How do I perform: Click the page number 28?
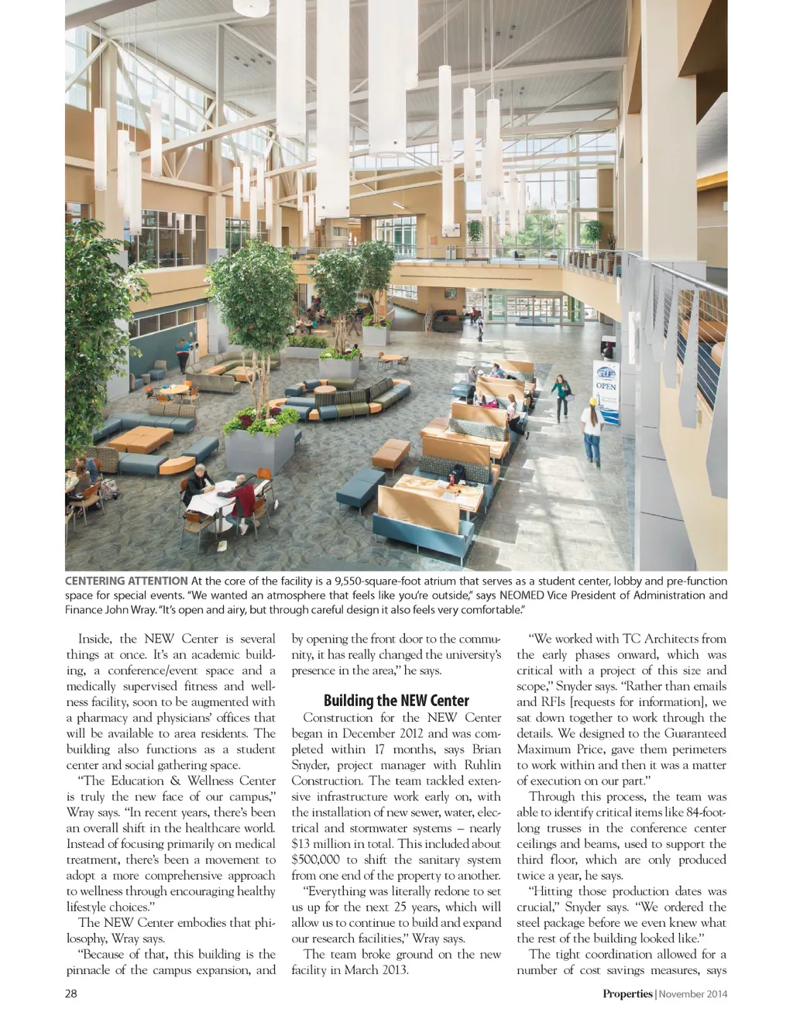(x=71, y=993)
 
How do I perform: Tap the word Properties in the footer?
(x=627, y=994)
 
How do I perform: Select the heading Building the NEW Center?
(x=396, y=701)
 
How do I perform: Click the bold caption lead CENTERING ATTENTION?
(x=126, y=581)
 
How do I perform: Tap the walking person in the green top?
(x=559, y=396)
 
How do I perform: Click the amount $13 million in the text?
(x=324, y=844)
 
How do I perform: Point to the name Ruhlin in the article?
(x=482, y=765)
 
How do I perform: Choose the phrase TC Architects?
(x=661, y=639)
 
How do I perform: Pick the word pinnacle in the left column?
(x=88, y=970)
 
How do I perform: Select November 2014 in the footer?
(x=694, y=994)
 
